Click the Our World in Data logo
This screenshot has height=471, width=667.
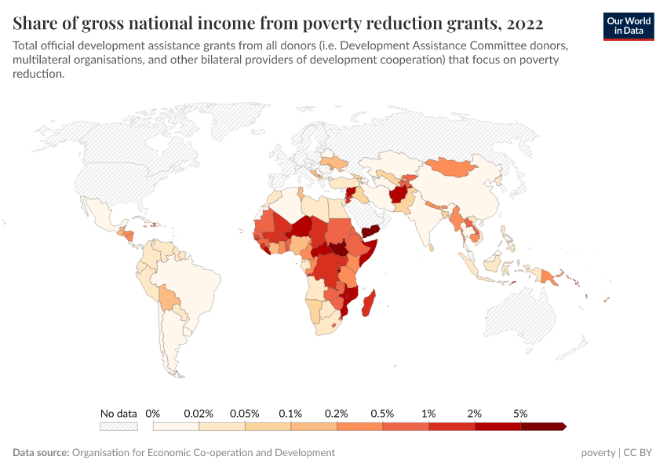[x=629, y=26]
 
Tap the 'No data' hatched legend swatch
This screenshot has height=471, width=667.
[x=118, y=426]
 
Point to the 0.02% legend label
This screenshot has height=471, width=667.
[x=199, y=413]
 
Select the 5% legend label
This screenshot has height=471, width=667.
[x=520, y=413]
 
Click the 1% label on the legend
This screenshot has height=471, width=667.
[x=428, y=413]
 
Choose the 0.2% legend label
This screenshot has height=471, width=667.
[x=337, y=413]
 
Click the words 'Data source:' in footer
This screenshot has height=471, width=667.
[x=41, y=453]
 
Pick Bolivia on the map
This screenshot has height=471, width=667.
[x=167, y=298]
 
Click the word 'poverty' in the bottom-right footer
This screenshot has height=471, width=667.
[x=598, y=453]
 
